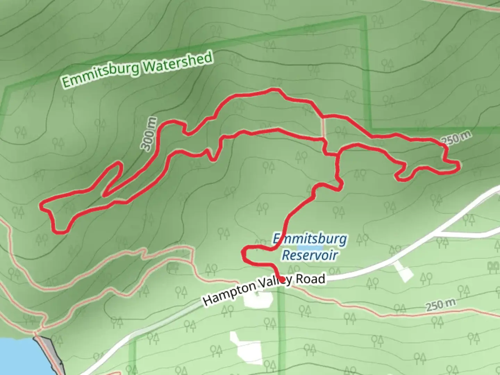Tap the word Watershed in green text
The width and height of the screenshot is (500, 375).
pos(177,62)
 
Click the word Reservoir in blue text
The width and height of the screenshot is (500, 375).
pos(310,255)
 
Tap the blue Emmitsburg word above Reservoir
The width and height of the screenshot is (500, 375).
pos(310,239)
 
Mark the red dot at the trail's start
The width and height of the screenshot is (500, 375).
pos(282,279)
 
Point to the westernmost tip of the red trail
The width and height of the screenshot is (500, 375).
pos(41,206)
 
